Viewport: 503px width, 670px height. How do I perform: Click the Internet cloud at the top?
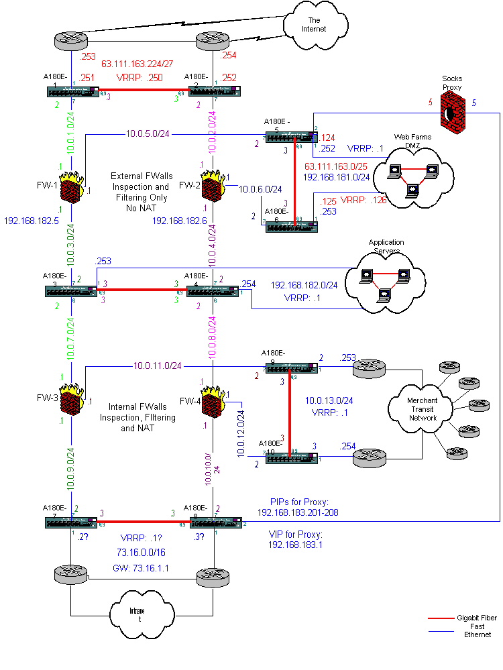pyautogui.click(x=315, y=25)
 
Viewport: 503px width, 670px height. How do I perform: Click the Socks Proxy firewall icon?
pyautogui.click(x=451, y=110)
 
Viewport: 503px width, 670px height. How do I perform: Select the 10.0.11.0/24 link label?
pyautogui.click(x=157, y=366)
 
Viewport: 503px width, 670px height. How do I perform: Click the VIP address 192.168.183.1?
pyautogui.click(x=295, y=546)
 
